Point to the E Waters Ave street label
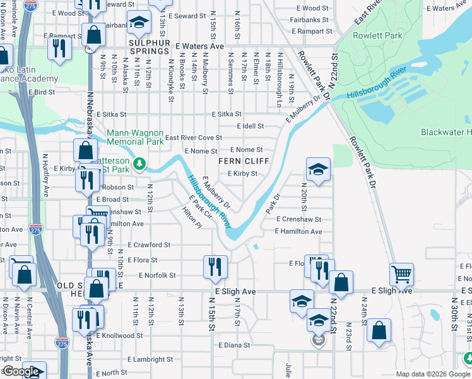pos(200,46)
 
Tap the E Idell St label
pos(250,126)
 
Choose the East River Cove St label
pos(193,138)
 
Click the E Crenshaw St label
pos(298,219)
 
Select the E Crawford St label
pos(149,244)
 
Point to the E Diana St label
pos(235,346)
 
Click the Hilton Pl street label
pos(191,219)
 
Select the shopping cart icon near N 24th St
pos(401,274)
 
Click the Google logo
pos(21,371)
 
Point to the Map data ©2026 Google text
pos(433,374)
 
